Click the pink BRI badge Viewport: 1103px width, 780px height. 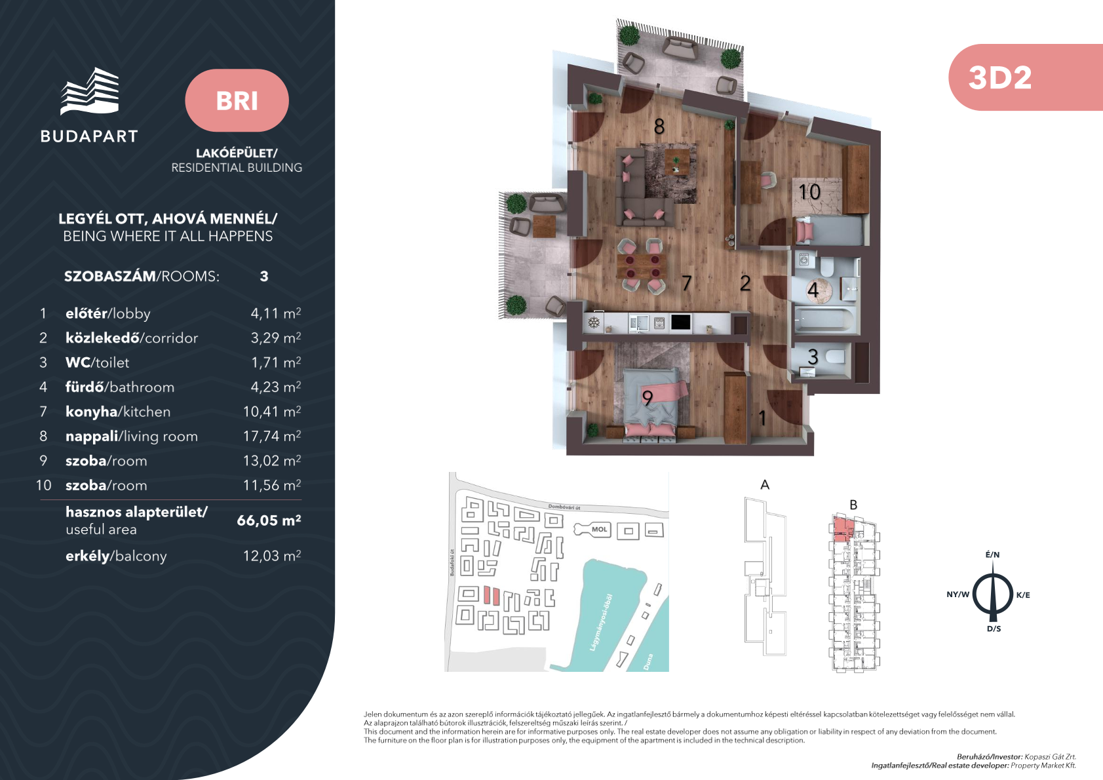coord(237,100)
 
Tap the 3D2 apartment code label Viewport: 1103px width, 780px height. coord(999,77)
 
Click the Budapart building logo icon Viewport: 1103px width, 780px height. coord(90,91)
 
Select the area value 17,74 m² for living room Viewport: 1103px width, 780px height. coord(272,436)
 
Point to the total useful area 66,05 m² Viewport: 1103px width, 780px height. coord(269,520)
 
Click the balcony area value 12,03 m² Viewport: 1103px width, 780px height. coord(272,555)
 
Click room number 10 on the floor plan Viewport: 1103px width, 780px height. coord(809,191)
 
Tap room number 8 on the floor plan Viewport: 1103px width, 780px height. coord(659,127)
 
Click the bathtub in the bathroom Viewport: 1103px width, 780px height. coord(824,319)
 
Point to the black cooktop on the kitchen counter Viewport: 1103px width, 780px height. coord(680,322)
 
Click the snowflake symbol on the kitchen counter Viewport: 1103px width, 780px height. coord(594,323)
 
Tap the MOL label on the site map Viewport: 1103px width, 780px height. coord(599,530)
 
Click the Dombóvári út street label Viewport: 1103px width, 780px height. coord(564,507)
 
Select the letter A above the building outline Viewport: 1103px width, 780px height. coord(765,484)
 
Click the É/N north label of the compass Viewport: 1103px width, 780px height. coord(992,555)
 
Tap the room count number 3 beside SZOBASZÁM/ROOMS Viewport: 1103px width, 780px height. coord(264,276)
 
